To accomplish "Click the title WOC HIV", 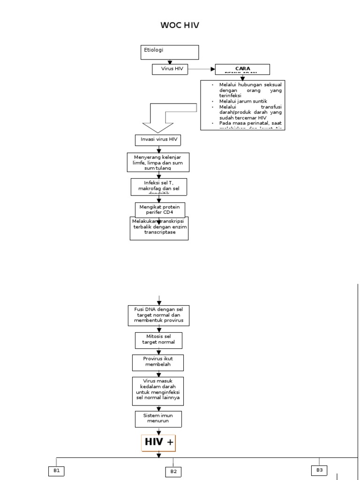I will pyautogui.click(x=180, y=25).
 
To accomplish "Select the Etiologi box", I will pyautogui.click(x=170, y=52).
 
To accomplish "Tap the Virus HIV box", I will pyautogui.click(x=170, y=69).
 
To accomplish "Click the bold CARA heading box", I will pyautogui.click(x=242, y=69).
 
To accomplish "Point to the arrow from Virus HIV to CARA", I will pyautogui.click(x=202, y=69).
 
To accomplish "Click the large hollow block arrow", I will pyautogui.click(x=164, y=117).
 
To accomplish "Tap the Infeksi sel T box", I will pyautogui.click(x=159, y=186).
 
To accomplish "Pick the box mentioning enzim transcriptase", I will pyautogui.click(x=159, y=228).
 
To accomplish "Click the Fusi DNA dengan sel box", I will pyautogui.click(x=159, y=315).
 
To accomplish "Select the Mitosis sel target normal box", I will pyautogui.click(x=158, y=340).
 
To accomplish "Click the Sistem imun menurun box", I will pyautogui.click(x=158, y=419).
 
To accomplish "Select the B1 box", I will pyautogui.click(x=56, y=472).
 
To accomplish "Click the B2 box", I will pyautogui.click(x=173, y=472).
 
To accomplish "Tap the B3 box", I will pyautogui.click(x=319, y=470).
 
